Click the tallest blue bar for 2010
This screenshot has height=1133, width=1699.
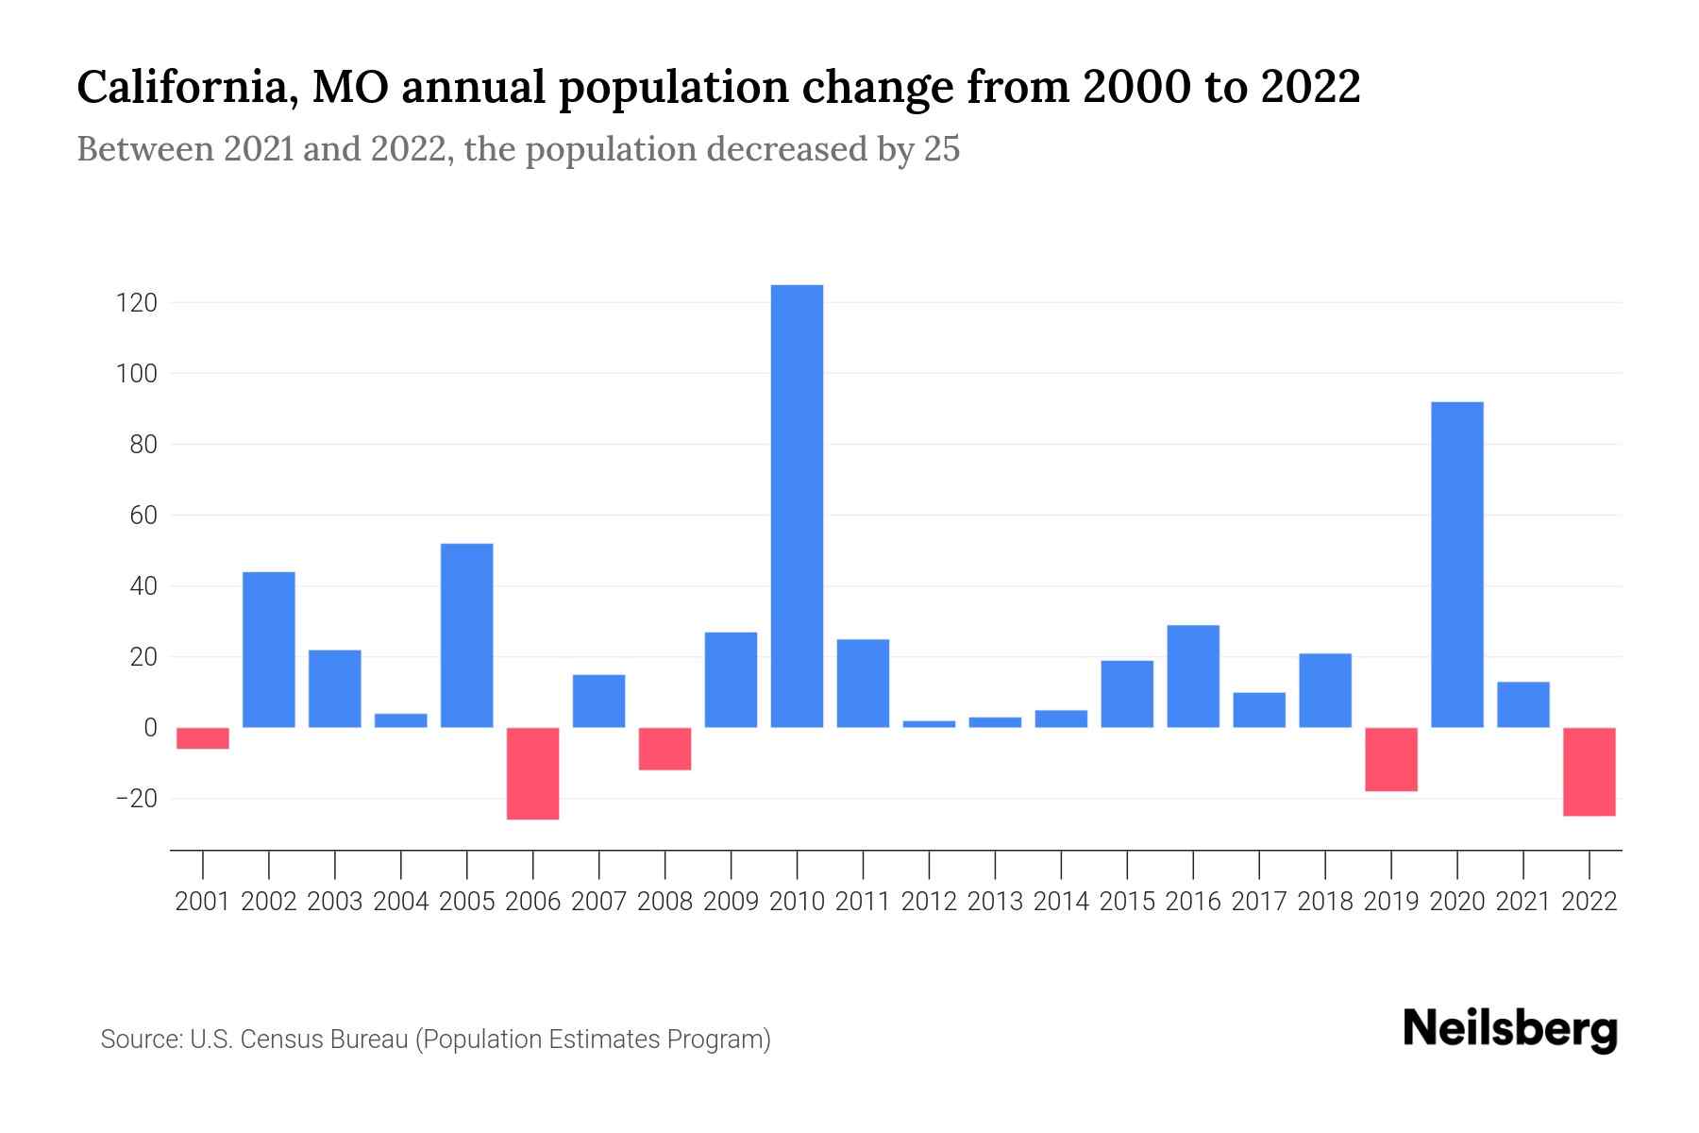click(797, 506)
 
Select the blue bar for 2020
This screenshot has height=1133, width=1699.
click(1457, 565)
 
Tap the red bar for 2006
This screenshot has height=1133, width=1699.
click(533, 773)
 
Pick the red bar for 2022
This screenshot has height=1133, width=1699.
click(1590, 771)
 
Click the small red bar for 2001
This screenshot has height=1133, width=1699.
click(203, 738)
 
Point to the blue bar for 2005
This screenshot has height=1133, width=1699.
click(467, 635)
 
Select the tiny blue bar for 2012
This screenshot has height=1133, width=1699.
click(929, 724)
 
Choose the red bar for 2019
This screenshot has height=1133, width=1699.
click(1391, 759)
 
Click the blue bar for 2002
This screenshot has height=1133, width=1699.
click(269, 650)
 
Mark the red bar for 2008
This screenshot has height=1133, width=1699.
click(665, 749)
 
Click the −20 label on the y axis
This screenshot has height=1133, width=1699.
click(136, 799)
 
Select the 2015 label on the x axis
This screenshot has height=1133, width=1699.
click(1127, 902)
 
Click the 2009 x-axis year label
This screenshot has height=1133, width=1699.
click(731, 902)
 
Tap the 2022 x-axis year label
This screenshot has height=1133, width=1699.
click(1590, 902)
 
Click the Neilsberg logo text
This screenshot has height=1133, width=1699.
click(1510, 1029)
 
